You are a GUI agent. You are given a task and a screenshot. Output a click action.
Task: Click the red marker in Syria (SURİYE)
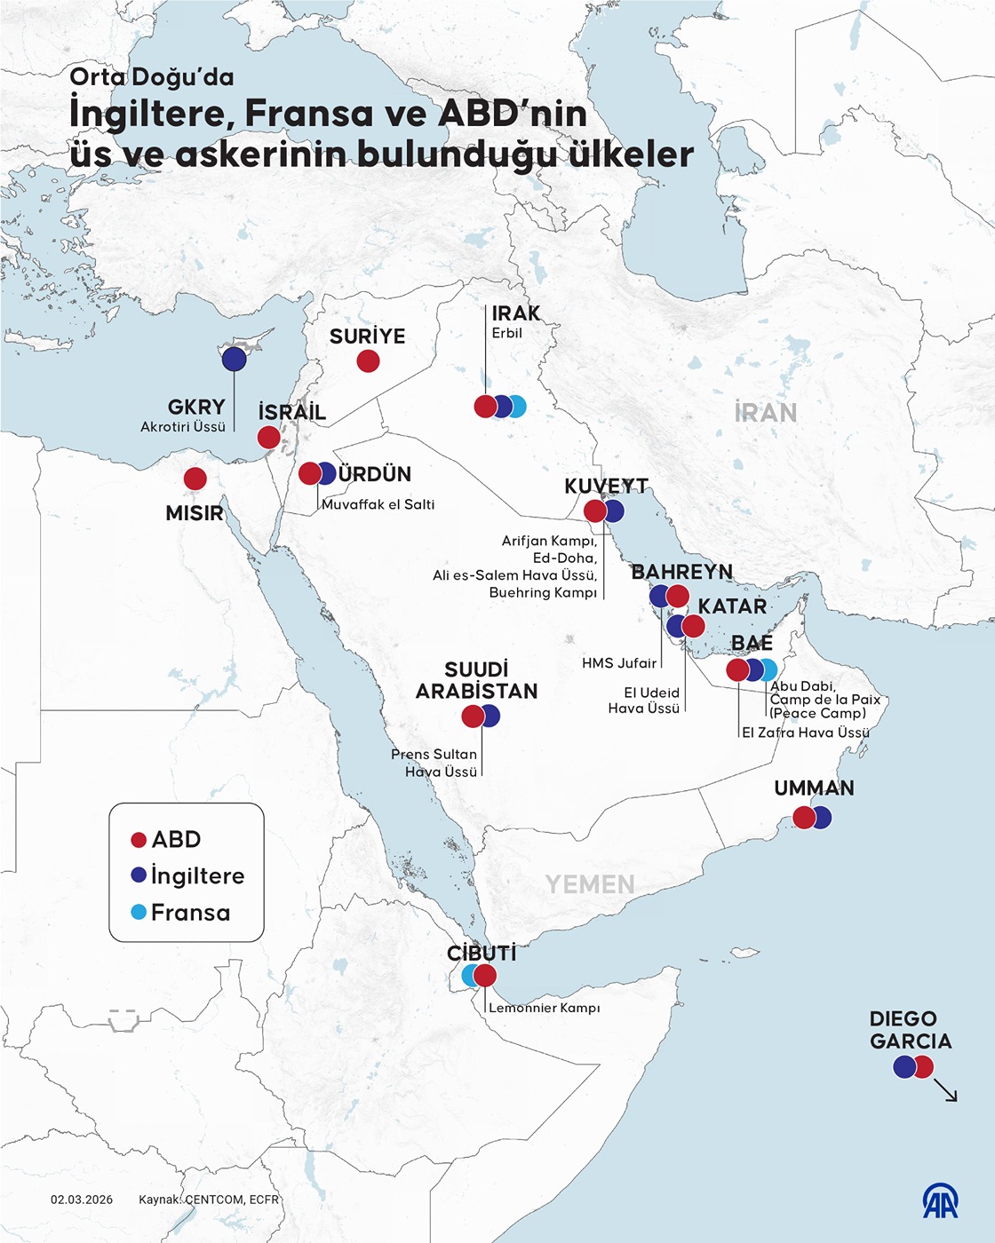[x=368, y=361]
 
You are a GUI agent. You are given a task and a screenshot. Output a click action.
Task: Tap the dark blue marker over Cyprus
[x=234, y=359]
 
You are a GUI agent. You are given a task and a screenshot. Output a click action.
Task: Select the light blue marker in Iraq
[x=517, y=407]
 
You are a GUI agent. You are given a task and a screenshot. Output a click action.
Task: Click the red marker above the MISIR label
[x=195, y=479]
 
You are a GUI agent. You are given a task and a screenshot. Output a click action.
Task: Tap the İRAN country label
[x=765, y=413]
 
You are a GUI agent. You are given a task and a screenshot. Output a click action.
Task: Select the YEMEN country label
[x=590, y=884]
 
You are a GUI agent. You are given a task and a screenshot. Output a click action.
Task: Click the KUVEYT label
[x=606, y=486]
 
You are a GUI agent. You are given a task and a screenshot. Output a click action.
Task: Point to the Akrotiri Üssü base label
[x=183, y=427]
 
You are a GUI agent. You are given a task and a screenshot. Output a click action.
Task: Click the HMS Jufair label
[x=619, y=663]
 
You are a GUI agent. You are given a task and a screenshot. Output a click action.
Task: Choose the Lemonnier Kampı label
[x=545, y=1008]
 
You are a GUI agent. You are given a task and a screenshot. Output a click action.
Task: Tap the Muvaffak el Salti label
[x=378, y=504]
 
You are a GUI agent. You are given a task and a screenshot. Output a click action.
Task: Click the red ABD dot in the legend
[x=139, y=840]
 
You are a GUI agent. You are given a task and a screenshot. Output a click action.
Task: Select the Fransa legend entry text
[x=190, y=913]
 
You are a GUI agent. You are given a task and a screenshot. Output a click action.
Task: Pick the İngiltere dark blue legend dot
[x=139, y=875]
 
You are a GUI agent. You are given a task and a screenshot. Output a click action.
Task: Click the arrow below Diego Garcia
[x=946, y=1091]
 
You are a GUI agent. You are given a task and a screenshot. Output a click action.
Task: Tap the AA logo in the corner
[x=939, y=1201]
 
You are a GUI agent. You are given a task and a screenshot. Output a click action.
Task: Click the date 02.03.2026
[x=82, y=1199]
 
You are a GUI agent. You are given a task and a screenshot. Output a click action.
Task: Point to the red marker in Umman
[x=803, y=817]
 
